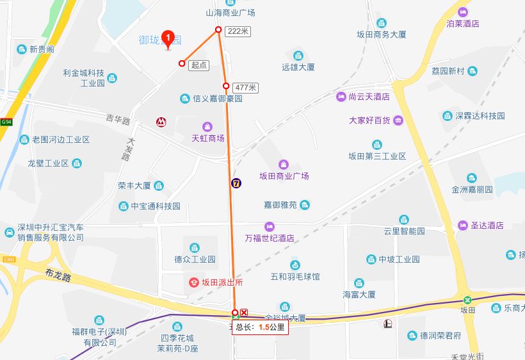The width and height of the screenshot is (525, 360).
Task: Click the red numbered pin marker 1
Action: tap(168, 40)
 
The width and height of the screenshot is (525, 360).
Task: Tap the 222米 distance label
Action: tap(237, 31)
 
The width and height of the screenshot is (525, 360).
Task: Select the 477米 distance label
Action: tap(246, 87)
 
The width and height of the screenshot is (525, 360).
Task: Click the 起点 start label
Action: tap(199, 65)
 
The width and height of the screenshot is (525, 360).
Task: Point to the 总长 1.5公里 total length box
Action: tap(261, 327)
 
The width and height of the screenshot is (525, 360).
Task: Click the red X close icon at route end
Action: tap(244, 312)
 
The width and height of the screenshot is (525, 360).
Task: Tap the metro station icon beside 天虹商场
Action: tap(159, 121)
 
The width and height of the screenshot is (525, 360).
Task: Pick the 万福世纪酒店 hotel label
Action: tap(270, 238)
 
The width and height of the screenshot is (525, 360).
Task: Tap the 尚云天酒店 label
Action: tap(369, 97)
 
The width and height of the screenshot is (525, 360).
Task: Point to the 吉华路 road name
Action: tap(118, 120)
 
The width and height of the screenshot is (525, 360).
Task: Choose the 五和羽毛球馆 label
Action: tap(295, 277)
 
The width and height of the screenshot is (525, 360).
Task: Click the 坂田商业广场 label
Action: tap(284, 176)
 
